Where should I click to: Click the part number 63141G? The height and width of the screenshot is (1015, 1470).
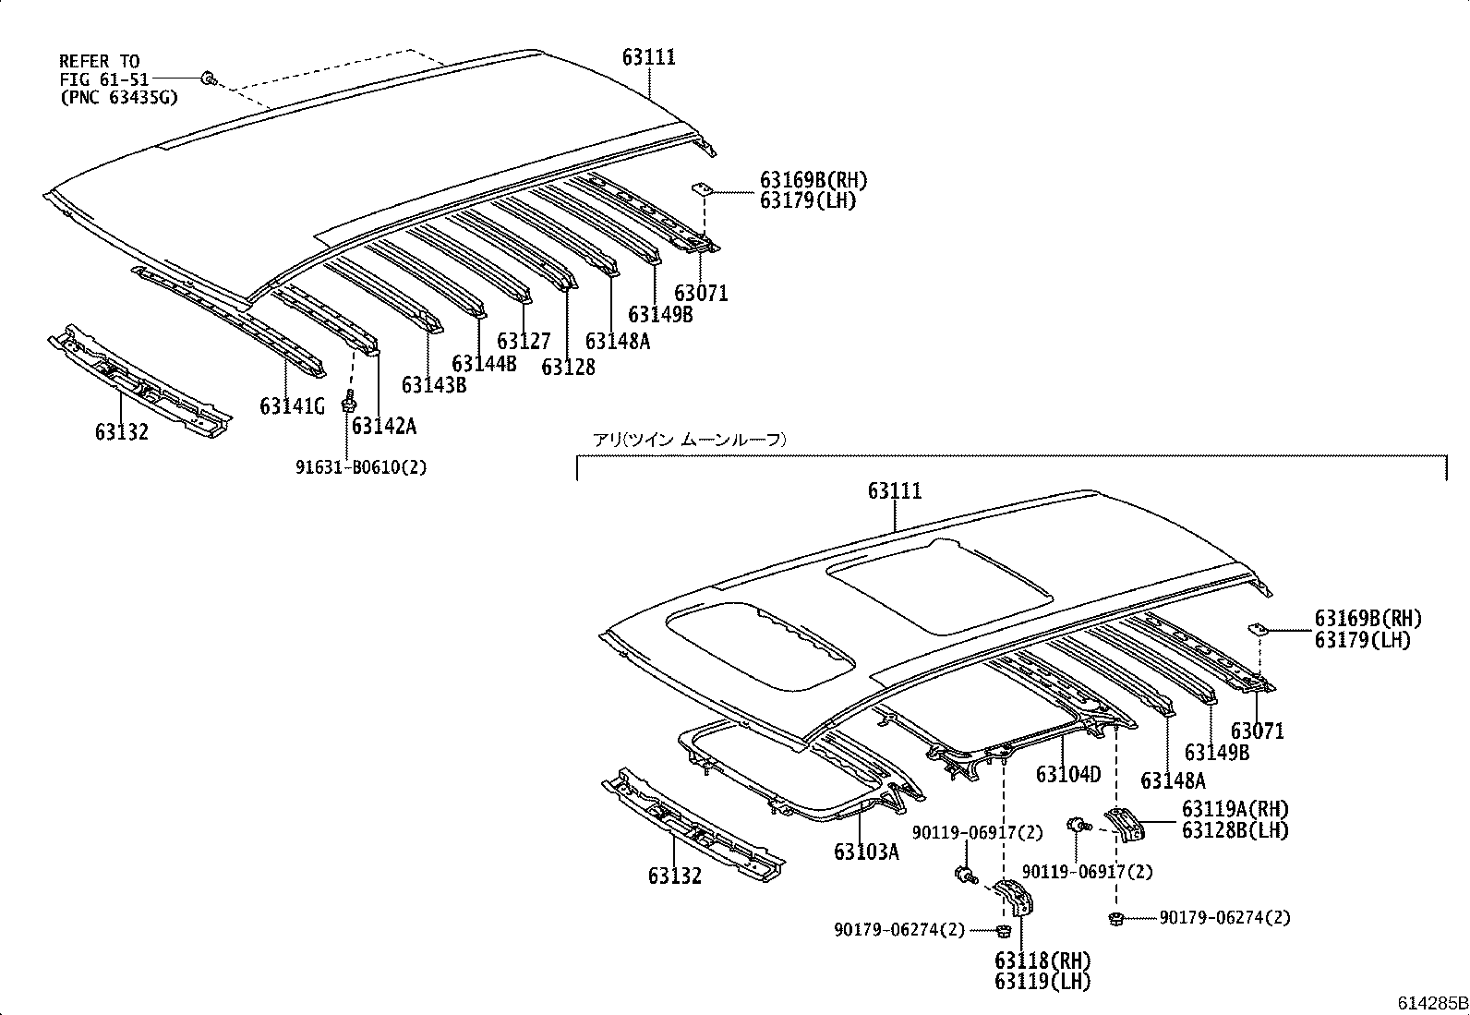tap(292, 406)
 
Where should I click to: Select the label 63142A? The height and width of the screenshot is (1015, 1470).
tap(383, 426)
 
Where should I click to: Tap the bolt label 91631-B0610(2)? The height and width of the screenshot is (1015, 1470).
tap(361, 467)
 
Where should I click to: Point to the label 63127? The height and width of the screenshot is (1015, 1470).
tap(524, 343)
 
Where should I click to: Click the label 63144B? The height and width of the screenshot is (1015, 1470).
tap(484, 363)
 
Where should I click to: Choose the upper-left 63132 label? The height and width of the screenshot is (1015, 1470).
tap(121, 431)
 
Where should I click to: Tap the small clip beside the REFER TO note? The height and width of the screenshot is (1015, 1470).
tap(209, 79)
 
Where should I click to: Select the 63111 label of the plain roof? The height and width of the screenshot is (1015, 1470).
tap(648, 57)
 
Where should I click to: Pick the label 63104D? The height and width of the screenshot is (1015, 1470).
tap(1067, 774)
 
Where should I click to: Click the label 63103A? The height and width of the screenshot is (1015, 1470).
tap(865, 852)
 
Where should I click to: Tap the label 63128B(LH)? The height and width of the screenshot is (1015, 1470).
tap(1235, 830)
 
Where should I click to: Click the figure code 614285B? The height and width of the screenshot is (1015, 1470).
tap(1430, 1003)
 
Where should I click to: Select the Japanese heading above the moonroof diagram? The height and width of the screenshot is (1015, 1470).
tap(689, 441)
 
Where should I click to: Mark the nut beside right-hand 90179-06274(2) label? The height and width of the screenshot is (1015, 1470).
tap(1116, 917)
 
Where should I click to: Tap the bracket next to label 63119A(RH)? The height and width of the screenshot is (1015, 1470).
tap(1126, 823)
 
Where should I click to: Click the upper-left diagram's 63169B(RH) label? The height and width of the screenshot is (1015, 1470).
tap(813, 180)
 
